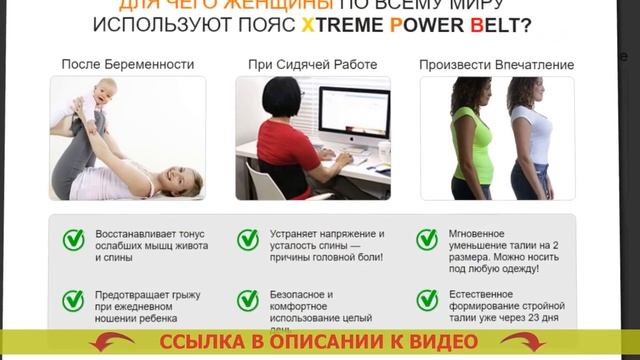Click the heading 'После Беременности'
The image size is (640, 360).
[128, 65]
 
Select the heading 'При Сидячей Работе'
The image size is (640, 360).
[313, 65]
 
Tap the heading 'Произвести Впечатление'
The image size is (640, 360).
[497, 65]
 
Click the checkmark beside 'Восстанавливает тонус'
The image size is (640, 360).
[73, 240]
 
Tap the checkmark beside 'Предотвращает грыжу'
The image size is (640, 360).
[73, 300]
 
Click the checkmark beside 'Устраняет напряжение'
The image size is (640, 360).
[248, 240]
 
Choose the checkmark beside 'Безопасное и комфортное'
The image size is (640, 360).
[248, 300]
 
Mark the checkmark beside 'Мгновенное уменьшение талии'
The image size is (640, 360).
[427, 240]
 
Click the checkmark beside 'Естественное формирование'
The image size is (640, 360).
[427, 300]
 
